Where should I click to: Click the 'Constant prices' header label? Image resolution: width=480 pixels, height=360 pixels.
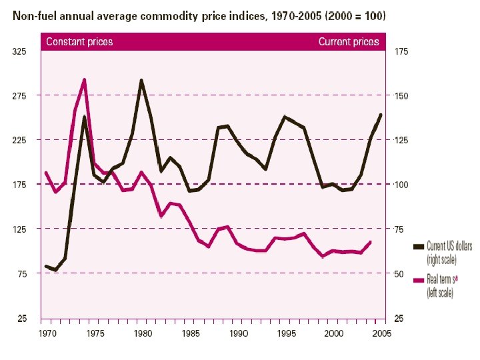tap(79, 41)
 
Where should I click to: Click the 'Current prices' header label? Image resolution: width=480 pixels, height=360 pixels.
tap(348, 41)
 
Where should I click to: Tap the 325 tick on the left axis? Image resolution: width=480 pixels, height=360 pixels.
tap(21, 51)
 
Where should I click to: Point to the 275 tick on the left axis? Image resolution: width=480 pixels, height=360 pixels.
tap(21, 96)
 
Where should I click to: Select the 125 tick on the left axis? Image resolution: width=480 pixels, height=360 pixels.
tap(21, 229)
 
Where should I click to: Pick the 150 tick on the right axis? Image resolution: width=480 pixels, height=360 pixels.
tap(401, 96)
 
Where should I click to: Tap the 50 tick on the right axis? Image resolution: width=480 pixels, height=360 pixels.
tap(399, 273)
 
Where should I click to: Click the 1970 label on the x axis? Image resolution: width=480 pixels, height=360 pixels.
tap(47, 332)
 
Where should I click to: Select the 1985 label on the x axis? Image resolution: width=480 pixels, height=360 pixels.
tap(191, 332)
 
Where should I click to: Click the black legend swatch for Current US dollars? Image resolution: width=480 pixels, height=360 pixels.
tap(419, 247)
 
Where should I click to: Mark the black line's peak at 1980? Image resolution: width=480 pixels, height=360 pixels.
tap(141, 81)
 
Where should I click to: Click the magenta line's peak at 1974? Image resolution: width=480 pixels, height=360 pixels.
tap(84, 80)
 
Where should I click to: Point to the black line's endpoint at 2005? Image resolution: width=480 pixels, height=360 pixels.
tap(381, 115)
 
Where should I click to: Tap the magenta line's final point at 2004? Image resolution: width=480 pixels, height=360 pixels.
tap(371, 242)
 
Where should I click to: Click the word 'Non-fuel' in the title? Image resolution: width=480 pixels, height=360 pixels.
tap(33, 14)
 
